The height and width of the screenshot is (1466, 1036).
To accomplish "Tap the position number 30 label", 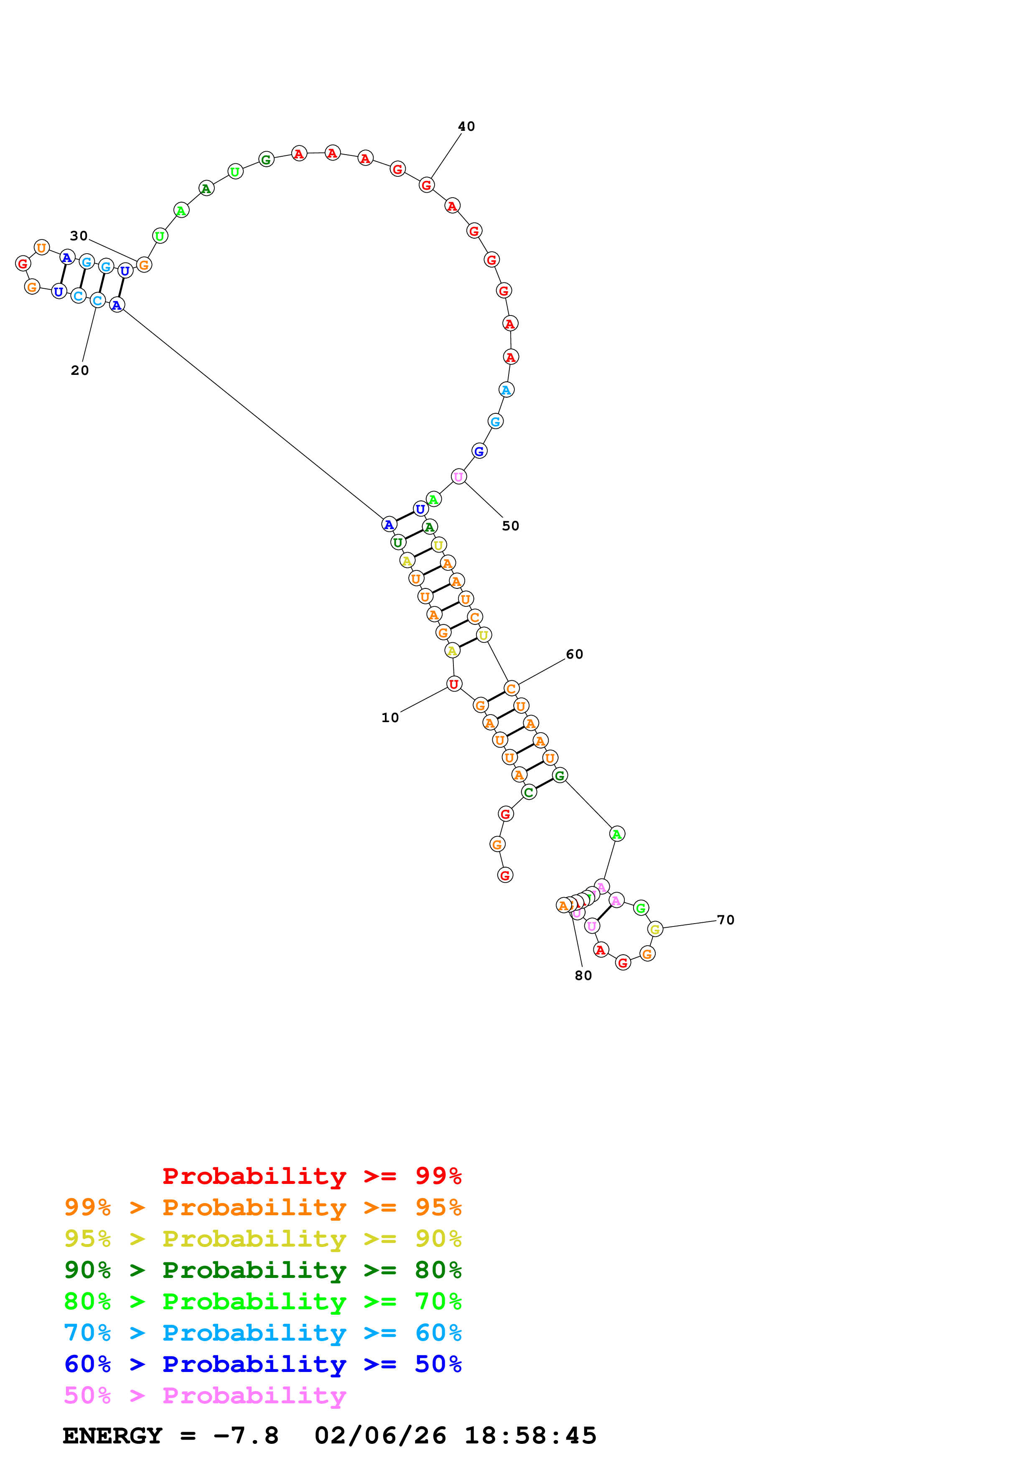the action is [79, 236].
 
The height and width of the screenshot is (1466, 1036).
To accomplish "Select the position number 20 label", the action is [80, 370].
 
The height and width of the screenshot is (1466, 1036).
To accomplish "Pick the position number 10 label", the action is [390, 718].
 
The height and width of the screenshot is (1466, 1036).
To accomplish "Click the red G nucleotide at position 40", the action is [426, 185].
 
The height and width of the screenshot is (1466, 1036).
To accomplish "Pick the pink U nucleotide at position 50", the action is [458, 476].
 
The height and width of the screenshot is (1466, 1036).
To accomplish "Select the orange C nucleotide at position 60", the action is [511, 688].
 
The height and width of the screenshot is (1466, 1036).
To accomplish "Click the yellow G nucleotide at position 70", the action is [655, 929].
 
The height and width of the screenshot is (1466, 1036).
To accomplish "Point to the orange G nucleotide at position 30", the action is [144, 265].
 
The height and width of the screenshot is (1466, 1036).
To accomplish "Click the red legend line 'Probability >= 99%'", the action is [311, 1176].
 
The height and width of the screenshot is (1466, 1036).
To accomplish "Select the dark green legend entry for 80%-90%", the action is [262, 1270].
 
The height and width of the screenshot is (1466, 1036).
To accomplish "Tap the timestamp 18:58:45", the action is [530, 1436].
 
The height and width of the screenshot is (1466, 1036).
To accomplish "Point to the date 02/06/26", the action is [380, 1436].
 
